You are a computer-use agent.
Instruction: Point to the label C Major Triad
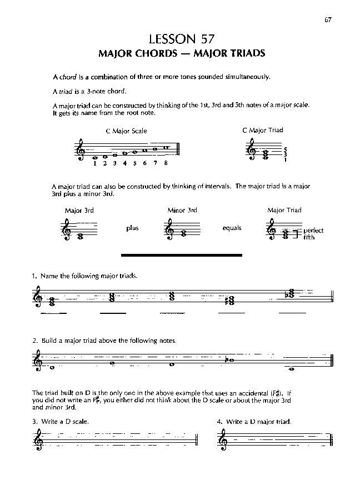[x=263, y=130]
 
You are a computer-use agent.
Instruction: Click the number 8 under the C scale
[x=166, y=163]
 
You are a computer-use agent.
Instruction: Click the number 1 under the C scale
[x=95, y=163]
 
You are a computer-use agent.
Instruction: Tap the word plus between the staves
[x=132, y=228]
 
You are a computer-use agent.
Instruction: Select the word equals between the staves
[x=232, y=228]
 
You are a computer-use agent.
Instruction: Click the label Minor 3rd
[x=182, y=211]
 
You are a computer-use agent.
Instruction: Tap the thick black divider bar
[x=182, y=255]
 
